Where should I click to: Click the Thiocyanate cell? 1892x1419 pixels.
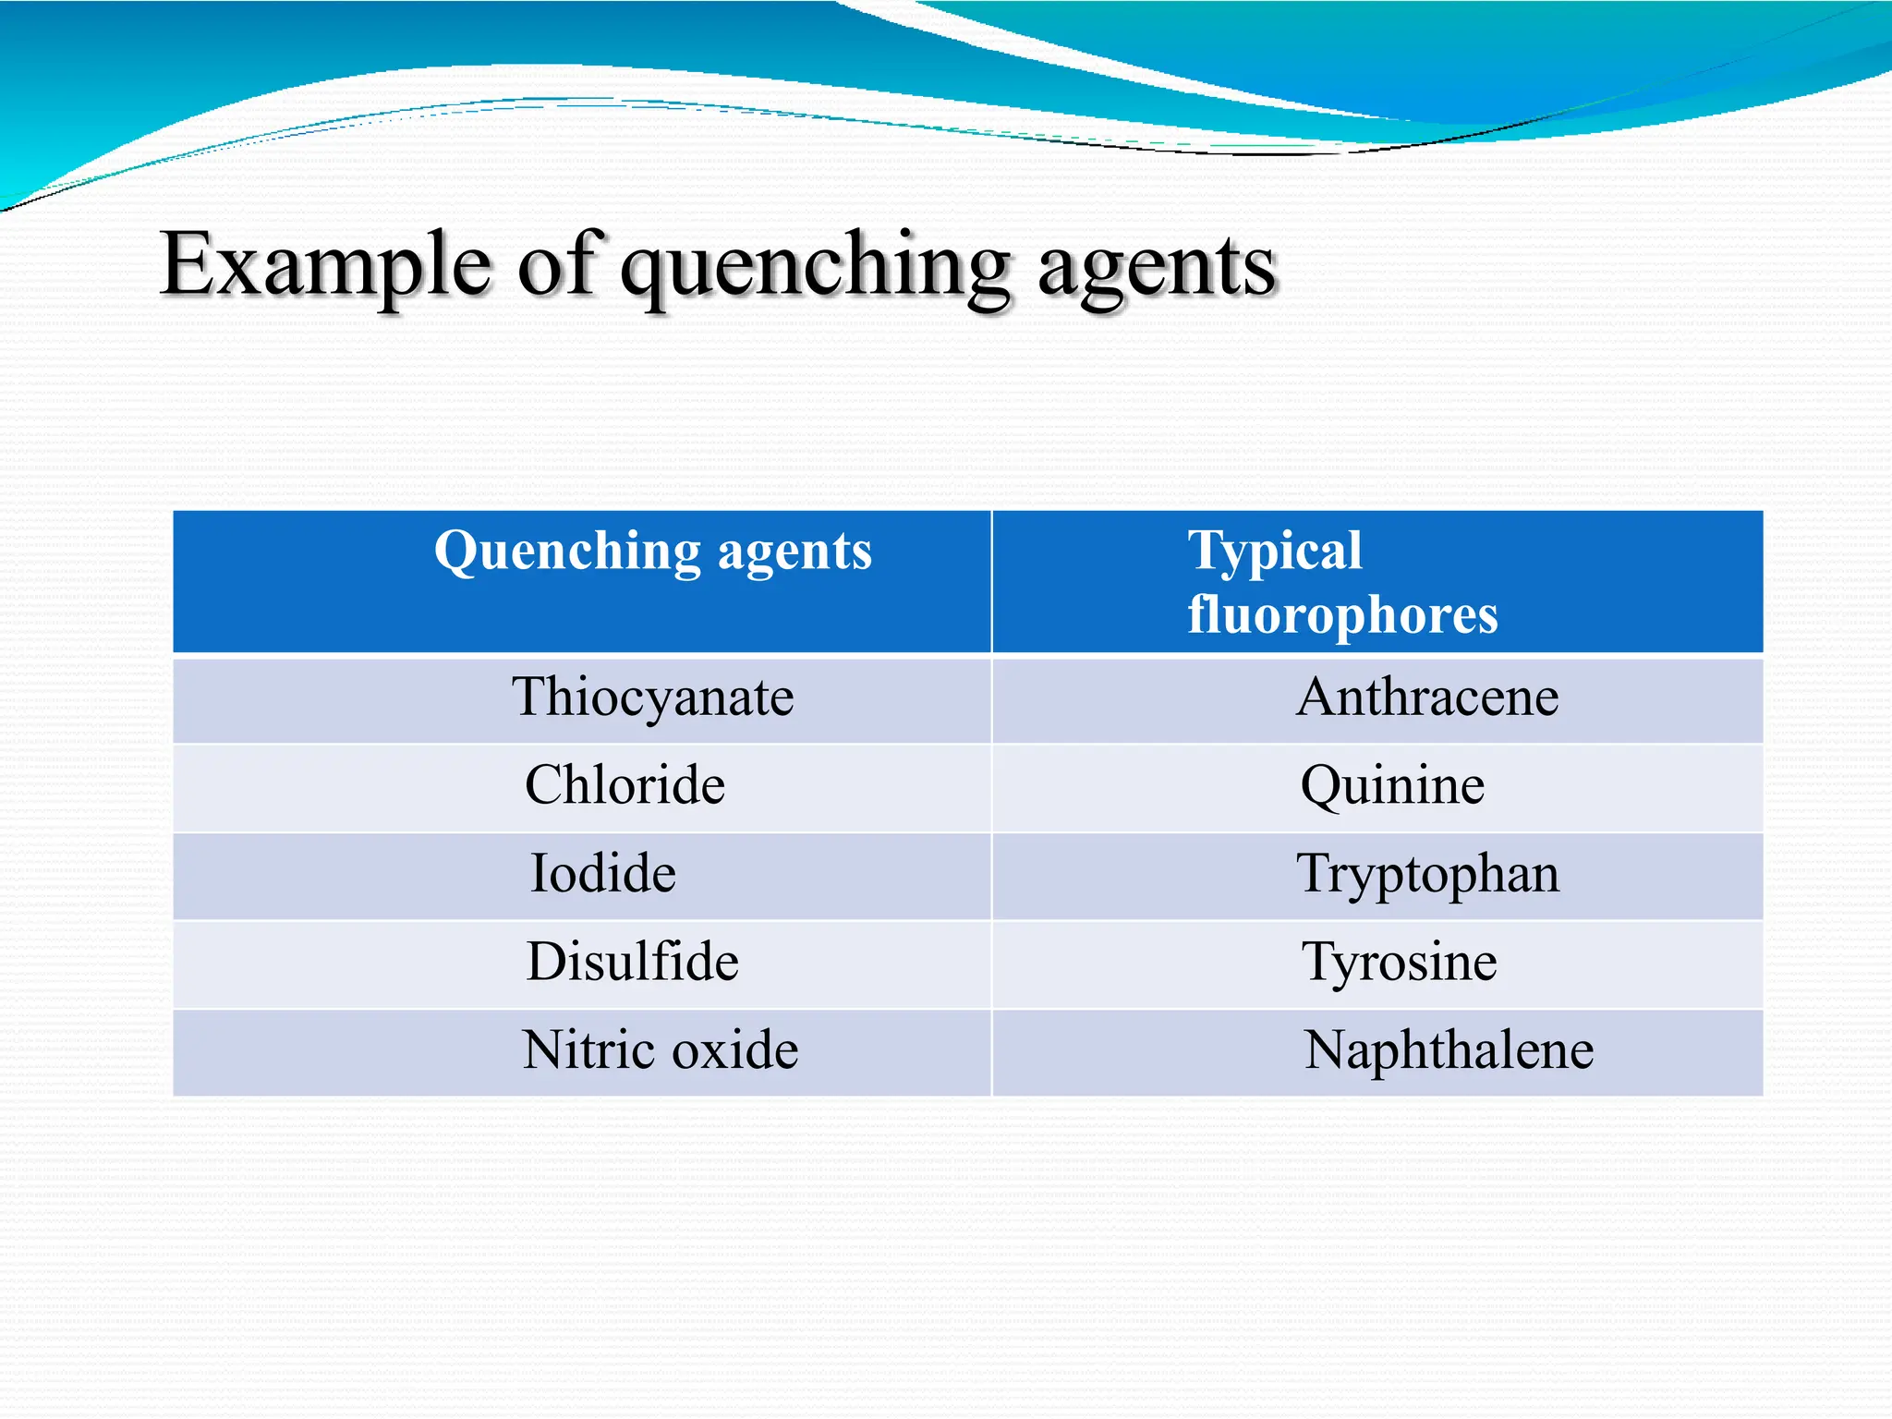tap(652, 697)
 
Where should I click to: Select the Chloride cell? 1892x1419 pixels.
tap(625, 786)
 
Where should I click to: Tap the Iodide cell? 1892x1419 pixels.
tap(603, 874)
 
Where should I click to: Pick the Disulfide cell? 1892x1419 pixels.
tap(633, 963)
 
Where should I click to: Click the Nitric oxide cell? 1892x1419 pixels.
tap(661, 1051)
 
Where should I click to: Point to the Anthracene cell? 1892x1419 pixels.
tap(1427, 697)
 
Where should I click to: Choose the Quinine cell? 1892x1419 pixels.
tap(1392, 786)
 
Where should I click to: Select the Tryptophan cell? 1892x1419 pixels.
tap(1428, 874)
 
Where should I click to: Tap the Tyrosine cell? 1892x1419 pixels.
tap(1400, 963)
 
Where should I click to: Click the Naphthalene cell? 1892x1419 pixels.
tap(1449, 1051)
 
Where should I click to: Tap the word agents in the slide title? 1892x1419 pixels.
tap(1157, 268)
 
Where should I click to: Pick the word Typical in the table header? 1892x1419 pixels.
tap(1275, 552)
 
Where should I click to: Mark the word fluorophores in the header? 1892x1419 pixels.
tap(1342, 614)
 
